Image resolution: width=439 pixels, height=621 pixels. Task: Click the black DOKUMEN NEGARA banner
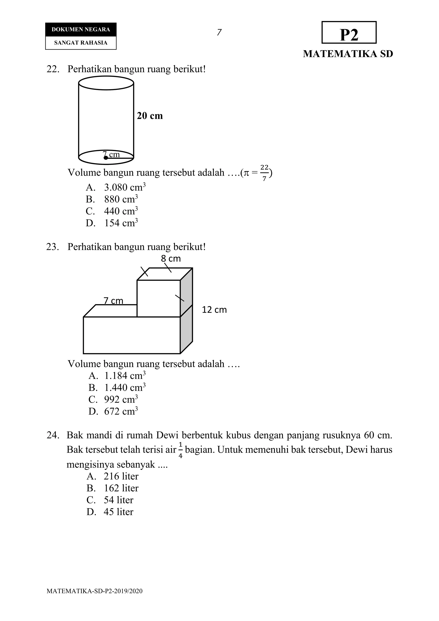(x=81, y=29)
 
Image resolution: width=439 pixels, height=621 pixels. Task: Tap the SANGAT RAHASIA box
(x=81, y=43)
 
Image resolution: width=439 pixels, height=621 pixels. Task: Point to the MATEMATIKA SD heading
(x=348, y=54)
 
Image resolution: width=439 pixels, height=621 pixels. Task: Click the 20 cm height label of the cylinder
(x=150, y=116)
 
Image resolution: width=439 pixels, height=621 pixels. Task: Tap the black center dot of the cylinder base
(x=106, y=158)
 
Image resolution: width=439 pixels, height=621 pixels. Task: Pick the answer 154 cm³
(x=121, y=223)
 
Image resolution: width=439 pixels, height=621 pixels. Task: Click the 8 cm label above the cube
(x=171, y=259)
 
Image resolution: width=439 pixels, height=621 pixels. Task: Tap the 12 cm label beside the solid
(x=214, y=310)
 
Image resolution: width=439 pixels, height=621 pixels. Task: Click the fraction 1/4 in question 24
(x=180, y=450)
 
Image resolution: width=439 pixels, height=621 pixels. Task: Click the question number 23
(x=53, y=247)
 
